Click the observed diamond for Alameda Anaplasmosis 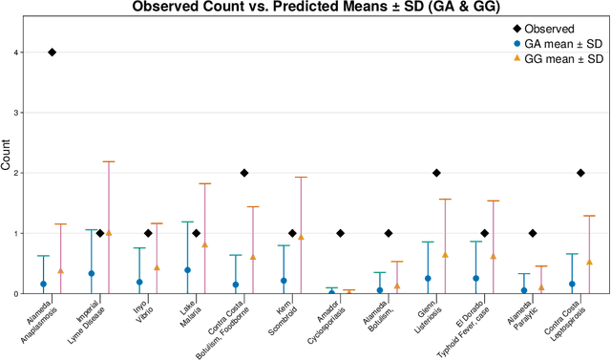coord(52,53)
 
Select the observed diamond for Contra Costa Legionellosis coord(580,173)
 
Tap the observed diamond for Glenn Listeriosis coord(436,173)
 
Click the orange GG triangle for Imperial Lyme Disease coord(109,232)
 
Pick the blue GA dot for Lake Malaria coord(187,270)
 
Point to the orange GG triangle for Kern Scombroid coord(301,237)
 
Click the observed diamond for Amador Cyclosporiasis coord(340,233)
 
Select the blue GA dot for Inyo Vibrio coord(139,283)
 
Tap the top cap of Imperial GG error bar coord(109,161)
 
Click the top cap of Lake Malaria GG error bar coord(204,183)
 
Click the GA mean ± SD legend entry coord(557,44)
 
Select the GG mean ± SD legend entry coord(557,59)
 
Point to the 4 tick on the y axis coord(21,53)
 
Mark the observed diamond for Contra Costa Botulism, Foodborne coord(244,173)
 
